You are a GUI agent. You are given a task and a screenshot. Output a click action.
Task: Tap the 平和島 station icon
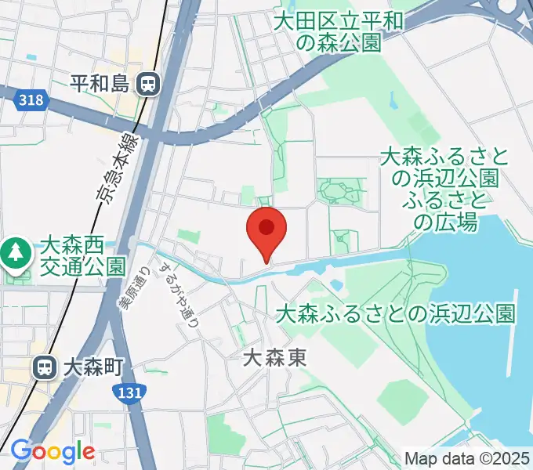147,83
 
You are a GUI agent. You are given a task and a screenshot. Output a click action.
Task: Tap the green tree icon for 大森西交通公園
14,252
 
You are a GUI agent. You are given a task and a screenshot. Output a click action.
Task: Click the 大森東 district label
274,359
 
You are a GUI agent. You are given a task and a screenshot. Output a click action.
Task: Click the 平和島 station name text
99,83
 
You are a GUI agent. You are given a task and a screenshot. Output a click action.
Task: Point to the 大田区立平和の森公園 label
339,31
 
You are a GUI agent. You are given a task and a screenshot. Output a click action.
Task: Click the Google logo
53,451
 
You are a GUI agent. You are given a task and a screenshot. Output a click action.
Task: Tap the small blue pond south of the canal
336,284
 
